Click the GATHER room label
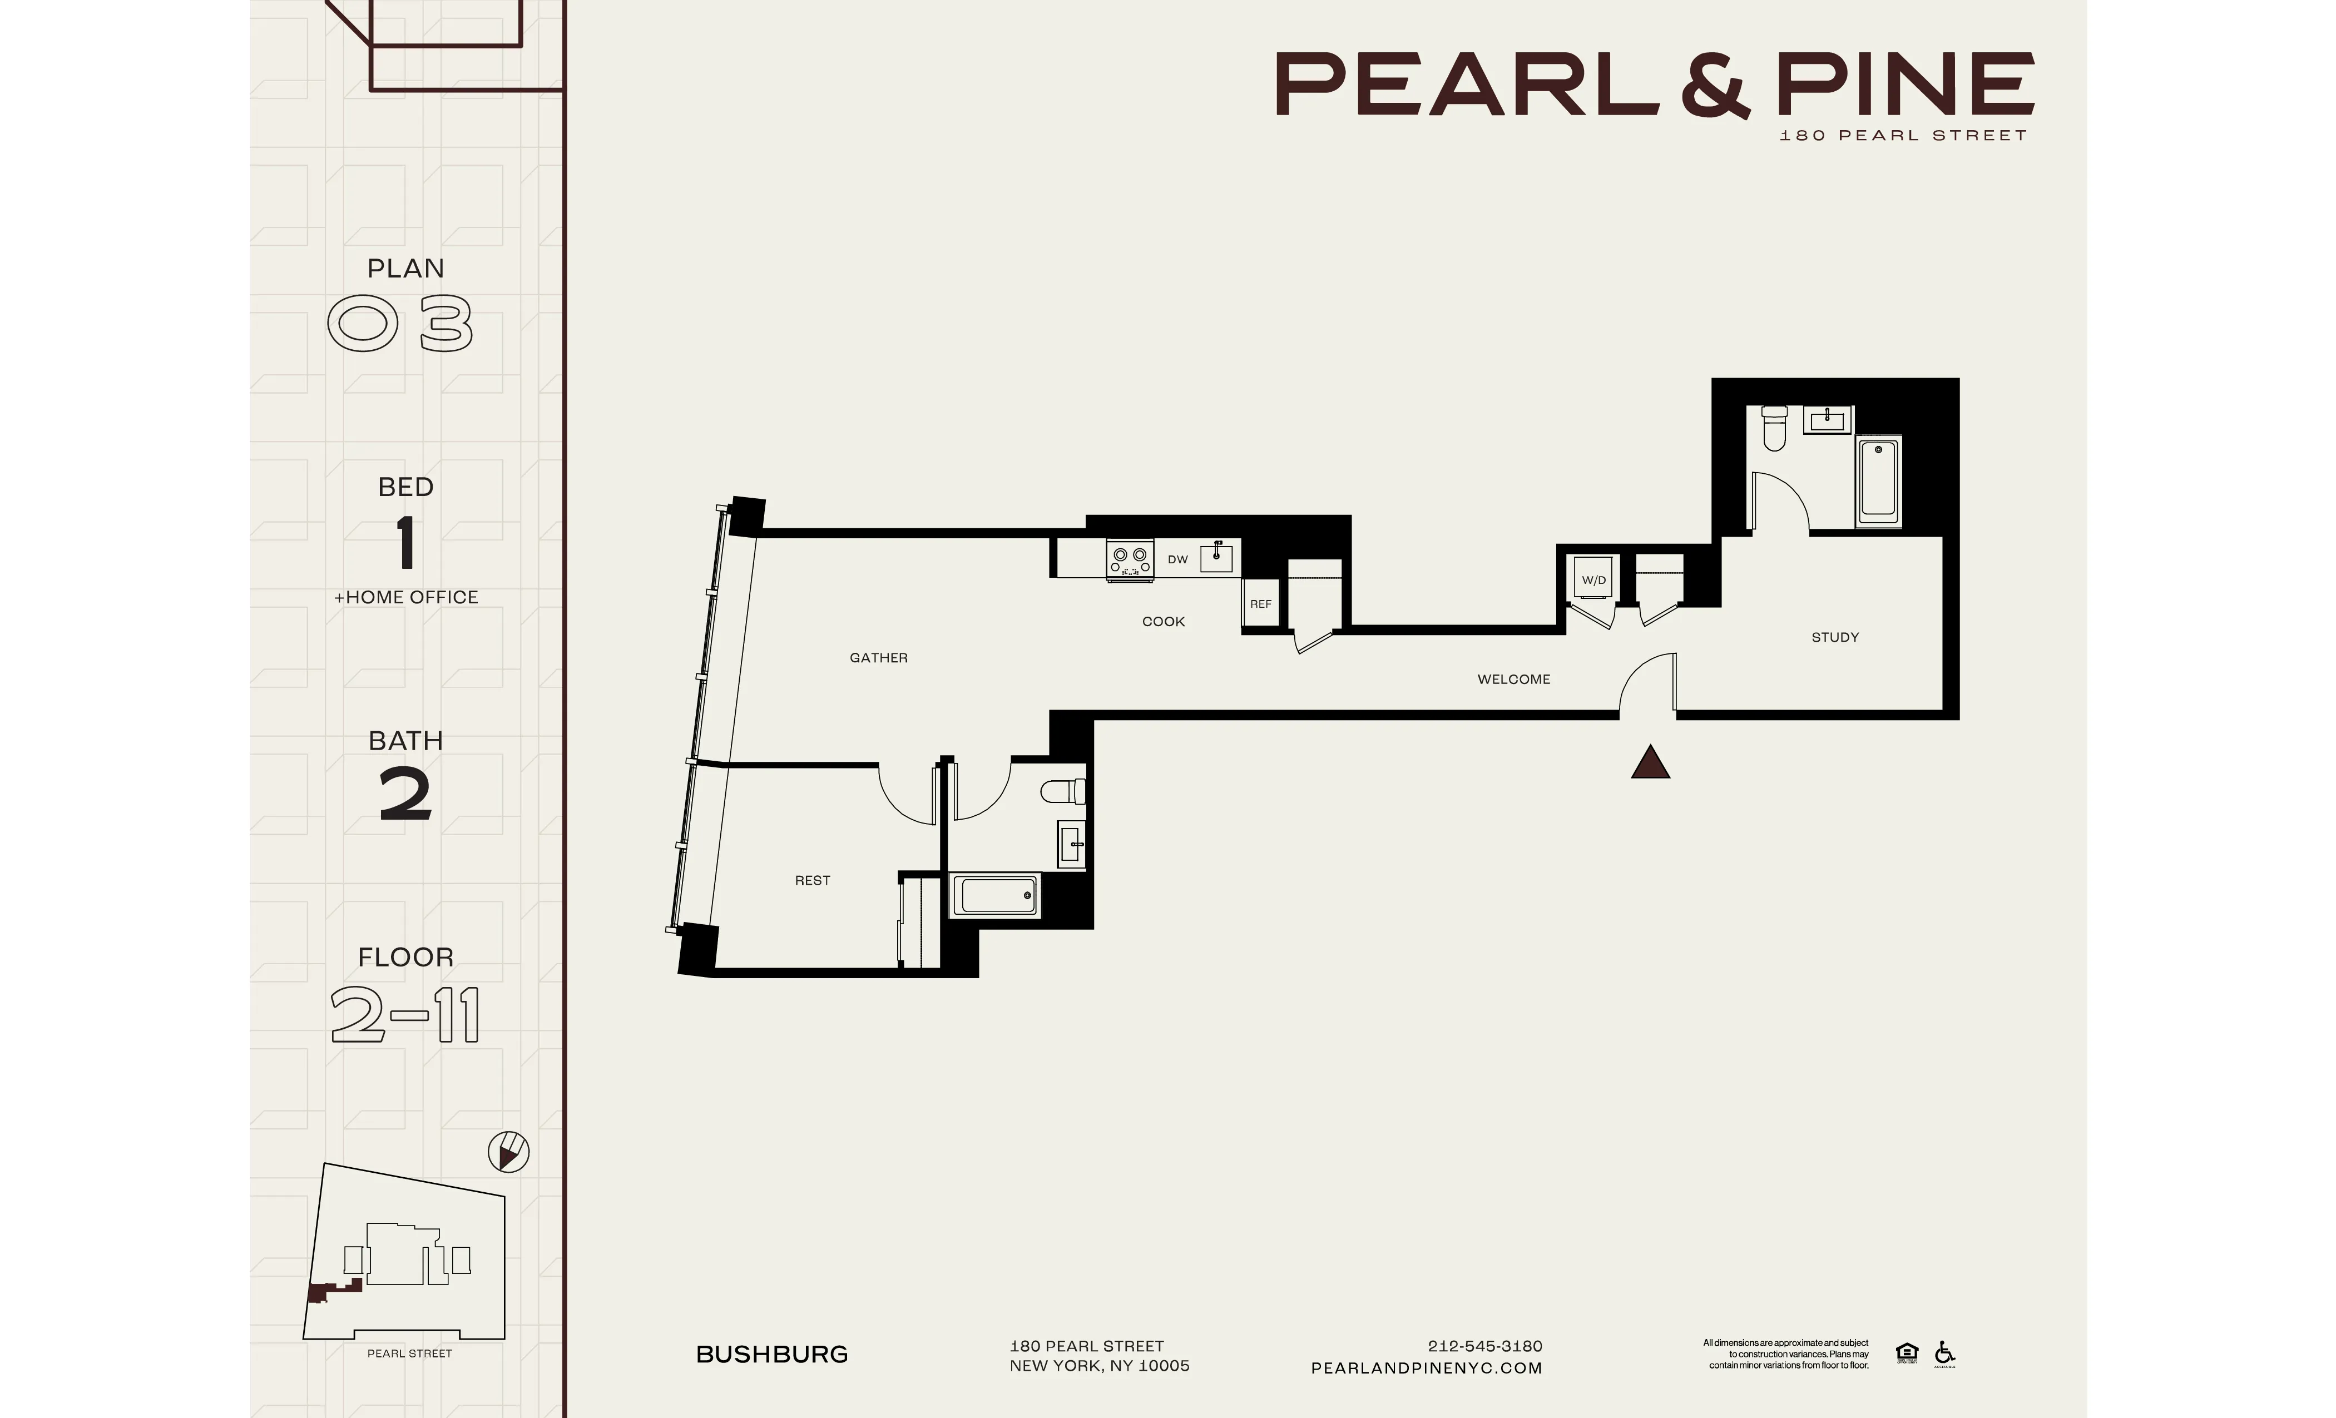(x=878, y=658)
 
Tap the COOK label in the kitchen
(x=1163, y=622)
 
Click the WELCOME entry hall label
(x=1513, y=680)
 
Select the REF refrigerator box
(x=1260, y=604)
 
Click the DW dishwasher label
(x=1177, y=559)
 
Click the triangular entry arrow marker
(x=1650, y=763)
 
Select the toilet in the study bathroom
(x=1774, y=428)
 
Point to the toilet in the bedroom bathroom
(x=1063, y=791)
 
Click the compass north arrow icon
(x=508, y=1153)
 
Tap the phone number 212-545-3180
(x=1484, y=1346)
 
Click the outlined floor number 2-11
(x=405, y=1015)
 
